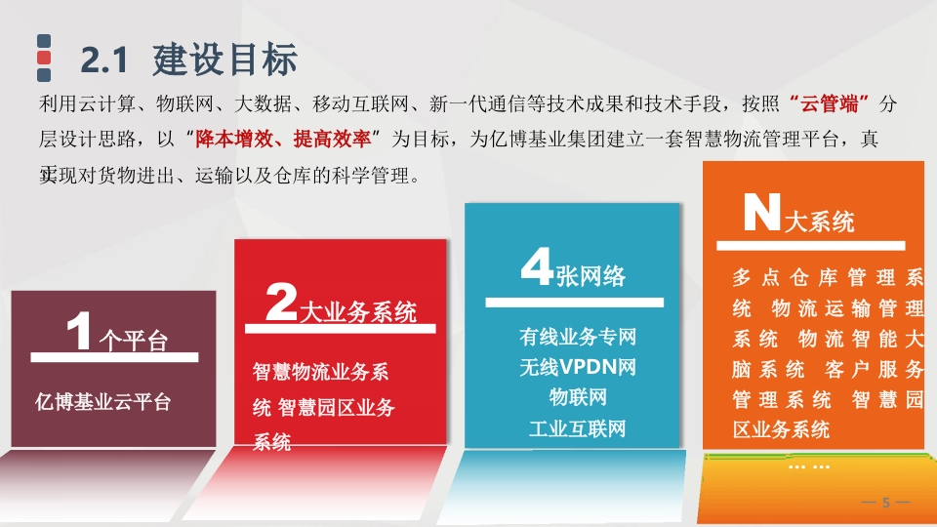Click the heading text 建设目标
224,60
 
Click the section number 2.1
104,61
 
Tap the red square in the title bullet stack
44,58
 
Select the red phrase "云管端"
829,104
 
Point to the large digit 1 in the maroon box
79,330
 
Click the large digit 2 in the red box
281,302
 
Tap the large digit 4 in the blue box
536,266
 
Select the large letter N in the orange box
762,212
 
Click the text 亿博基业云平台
102,401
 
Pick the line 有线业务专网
577,337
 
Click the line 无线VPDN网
577,367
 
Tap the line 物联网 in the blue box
577,397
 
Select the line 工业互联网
577,428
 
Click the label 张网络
591,276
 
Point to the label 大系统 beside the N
819,222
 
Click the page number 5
886,504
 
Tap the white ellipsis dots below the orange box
808,466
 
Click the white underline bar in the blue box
574,303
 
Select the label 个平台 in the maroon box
133,342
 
